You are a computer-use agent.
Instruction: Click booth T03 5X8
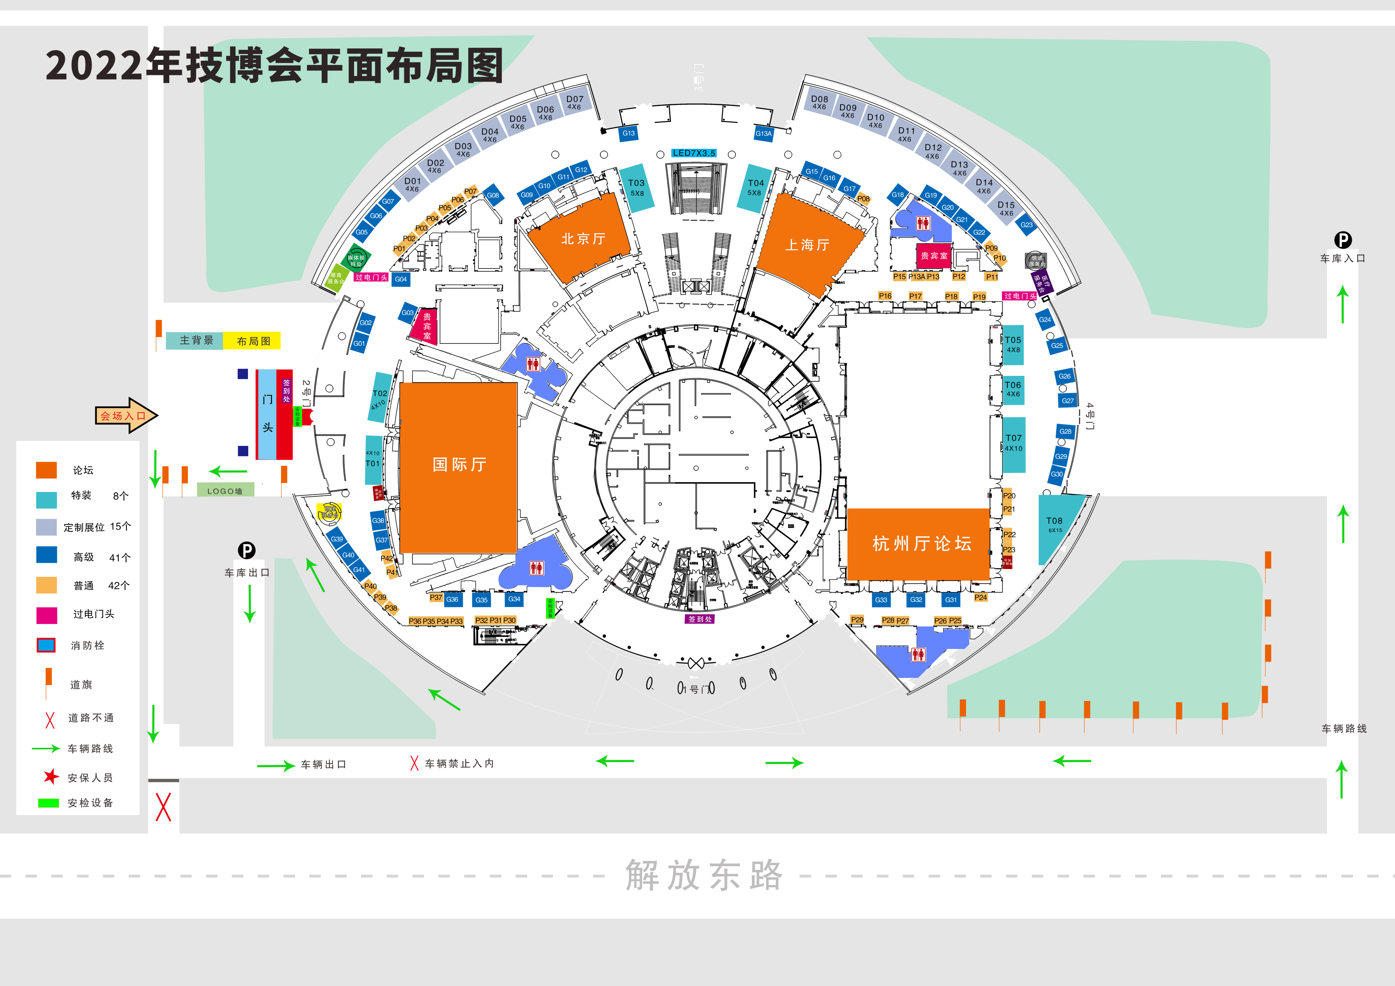click(636, 188)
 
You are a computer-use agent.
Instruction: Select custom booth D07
click(574, 102)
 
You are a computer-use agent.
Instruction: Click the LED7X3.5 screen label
click(694, 153)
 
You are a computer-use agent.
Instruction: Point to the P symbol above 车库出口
click(246, 551)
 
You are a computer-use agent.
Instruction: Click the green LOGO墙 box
click(225, 490)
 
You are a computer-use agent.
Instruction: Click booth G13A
click(763, 134)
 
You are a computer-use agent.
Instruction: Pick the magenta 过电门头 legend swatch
click(47, 615)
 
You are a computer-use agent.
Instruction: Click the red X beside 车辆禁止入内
click(414, 763)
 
